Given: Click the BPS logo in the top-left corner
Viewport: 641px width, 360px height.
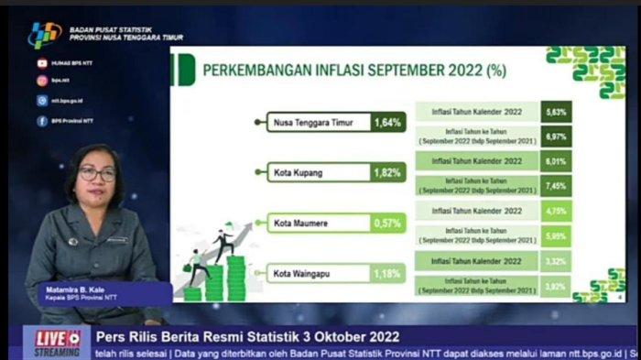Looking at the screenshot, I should (43, 35).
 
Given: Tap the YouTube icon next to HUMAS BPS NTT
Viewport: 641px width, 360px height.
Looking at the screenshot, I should (42, 63).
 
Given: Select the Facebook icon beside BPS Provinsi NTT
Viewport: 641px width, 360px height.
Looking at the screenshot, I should (42, 120).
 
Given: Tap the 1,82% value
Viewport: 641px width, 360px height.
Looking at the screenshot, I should (387, 172).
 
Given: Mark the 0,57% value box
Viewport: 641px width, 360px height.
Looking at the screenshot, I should (387, 222).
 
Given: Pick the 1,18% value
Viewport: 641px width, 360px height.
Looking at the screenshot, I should (387, 272).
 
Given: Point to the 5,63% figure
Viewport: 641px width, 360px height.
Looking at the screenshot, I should (556, 112).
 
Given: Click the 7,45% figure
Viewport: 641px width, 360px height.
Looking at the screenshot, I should (556, 185).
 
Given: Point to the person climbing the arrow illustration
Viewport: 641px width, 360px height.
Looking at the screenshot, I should (223, 244).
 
